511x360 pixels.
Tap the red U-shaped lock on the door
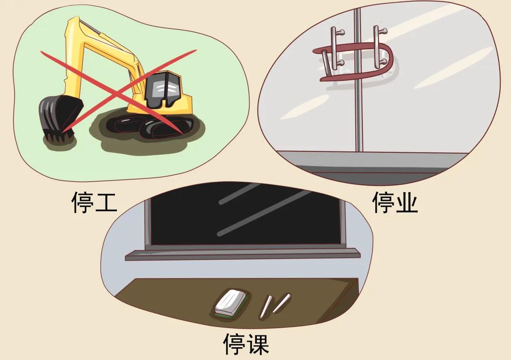click(360, 61)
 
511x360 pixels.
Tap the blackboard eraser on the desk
click(230, 303)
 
